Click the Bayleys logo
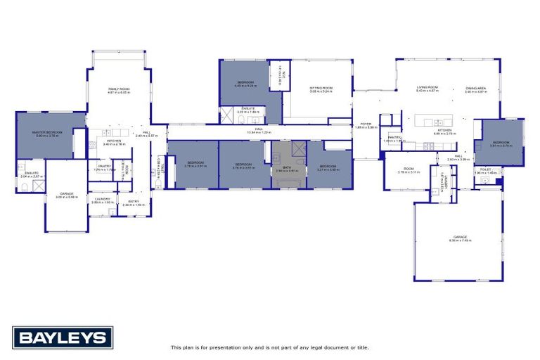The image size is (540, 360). (x=63, y=337)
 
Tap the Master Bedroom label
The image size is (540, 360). (x=47, y=133)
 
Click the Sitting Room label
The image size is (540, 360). (x=321, y=89)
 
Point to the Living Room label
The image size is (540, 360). (x=427, y=88)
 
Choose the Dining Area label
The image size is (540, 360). (x=476, y=89)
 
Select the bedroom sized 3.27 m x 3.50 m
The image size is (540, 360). (x=328, y=167)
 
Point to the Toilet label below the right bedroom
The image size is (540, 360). (x=485, y=170)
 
